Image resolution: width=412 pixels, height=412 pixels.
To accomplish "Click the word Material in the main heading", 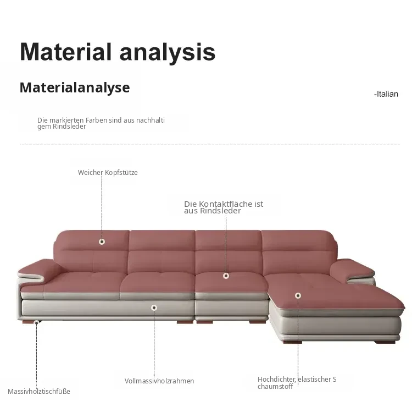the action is pyautogui.click(x=66, y=52).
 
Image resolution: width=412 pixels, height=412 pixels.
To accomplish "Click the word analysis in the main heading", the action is pyautogui.click(x=168, y=53).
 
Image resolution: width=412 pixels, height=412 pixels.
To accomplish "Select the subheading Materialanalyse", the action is pyautogui.click(x=75, y=87).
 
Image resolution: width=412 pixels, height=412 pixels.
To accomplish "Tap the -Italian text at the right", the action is pyautogui.click(x=386, y=94).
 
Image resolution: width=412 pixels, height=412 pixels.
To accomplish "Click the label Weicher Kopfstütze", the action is pyautogui.click(x=108, y=173).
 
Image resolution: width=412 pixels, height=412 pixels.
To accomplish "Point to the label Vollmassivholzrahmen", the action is pyautogui.click(x=159, y=381).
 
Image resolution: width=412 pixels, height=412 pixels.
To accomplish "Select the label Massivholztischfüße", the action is pyautogui.click(x=39, y=392).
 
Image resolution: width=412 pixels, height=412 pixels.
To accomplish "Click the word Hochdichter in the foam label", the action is pyautogui.click(x=276, y=380).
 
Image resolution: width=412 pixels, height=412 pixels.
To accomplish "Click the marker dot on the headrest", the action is pyautogui.click(x=102, y=241).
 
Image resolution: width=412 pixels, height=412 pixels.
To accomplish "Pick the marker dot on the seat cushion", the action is pyautogui.click(x=226, y=276).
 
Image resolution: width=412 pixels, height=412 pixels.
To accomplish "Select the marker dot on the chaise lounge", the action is pyautogui.click(x=298, y=296).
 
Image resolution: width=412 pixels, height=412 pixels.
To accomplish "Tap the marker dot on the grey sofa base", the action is pyautogui.click(x=154, y=307).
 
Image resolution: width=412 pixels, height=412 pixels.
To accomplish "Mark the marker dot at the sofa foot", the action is pyautogui.click(x=36, y=322).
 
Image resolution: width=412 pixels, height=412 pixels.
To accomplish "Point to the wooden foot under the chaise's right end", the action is pyautogui.click(x=385, y=342).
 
